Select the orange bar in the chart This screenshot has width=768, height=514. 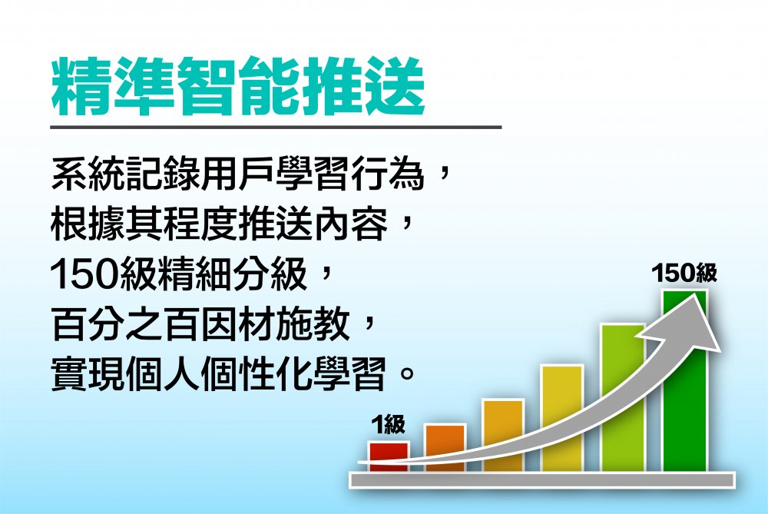pyautogui.click(x=445, y=447)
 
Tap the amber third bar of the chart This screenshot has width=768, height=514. pyautogui.click(x=503, y=436)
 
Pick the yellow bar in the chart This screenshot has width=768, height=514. pyautogui.click(x=562, y=418)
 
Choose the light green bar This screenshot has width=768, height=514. pyautogui.click(x=622, y=398)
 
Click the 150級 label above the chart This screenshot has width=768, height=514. pyautogui.click(x=684, y=274)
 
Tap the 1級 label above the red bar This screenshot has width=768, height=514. pyautogui.click(x=389, y=424)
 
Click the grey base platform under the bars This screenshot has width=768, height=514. pyautogui.click(x=543, y=479)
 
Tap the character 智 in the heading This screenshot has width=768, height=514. pyautogui.click(x=206, y=87)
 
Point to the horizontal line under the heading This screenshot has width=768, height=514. pyautogui.click(x=276, y=127)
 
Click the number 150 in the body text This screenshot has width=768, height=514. pyautogui.click(x=83, y=274)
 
